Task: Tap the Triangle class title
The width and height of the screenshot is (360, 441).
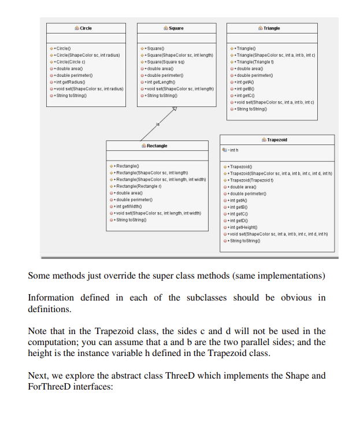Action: click(x=272, y=28)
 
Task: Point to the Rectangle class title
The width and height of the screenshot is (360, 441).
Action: click(x=157, y=146)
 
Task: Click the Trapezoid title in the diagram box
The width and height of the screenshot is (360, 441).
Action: click(x=277, y=140)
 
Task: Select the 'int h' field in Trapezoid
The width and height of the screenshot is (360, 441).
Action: click(x=232, y=151)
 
